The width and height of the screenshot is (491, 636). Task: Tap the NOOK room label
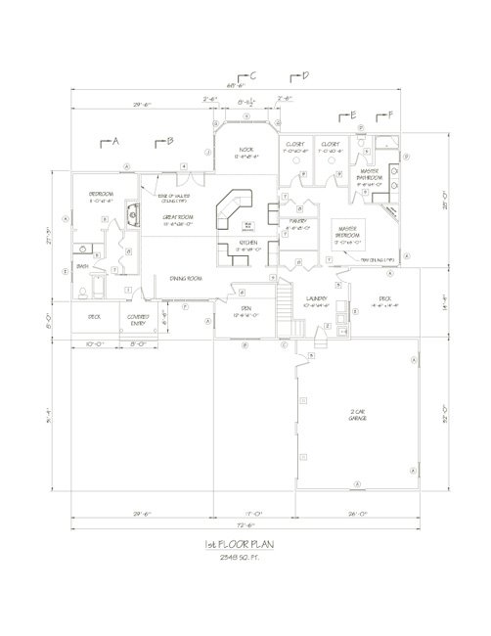click(245, 151)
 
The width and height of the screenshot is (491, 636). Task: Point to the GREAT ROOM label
click(176, 218)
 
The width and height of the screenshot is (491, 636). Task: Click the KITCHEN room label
click(246, 246)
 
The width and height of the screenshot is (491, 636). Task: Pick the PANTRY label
click(298, 222)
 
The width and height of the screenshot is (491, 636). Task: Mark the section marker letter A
click(115, 142)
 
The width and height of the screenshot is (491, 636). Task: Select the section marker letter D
click(305, 75)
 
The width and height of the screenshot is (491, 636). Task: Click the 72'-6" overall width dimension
click(245, 525)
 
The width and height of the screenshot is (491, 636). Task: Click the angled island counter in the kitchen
click(235, 207)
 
